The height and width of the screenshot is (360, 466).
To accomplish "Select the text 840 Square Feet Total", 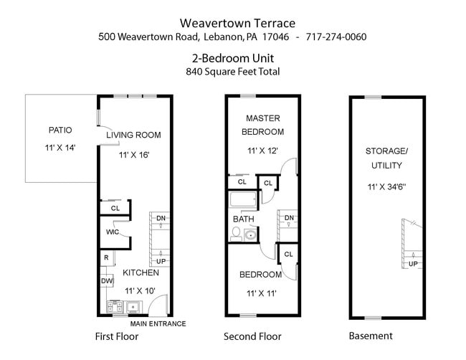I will [232, 71].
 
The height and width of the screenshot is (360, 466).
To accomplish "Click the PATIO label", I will [60, 131].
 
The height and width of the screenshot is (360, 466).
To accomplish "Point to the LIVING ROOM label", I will [133, 135].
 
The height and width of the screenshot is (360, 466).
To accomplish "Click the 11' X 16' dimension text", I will [134, 155].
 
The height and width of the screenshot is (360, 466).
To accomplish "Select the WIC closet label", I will [112, 232].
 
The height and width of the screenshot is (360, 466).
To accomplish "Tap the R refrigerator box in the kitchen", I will [106, 257].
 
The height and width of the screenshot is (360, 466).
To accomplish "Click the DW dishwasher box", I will [106, 281].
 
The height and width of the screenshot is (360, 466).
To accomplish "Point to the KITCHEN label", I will [141, 273].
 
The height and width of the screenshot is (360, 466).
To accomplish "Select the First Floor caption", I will [118, 336].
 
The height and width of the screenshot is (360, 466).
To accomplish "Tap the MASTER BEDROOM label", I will [262, 125].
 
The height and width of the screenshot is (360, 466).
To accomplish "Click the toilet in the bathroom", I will [236, 232].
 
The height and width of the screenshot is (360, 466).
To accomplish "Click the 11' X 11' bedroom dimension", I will [262, 293].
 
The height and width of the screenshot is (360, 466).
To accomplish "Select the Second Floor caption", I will [252, 336].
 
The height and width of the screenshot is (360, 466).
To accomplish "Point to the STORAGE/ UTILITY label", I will [386, 158].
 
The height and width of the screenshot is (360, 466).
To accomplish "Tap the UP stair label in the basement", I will [413, 264].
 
